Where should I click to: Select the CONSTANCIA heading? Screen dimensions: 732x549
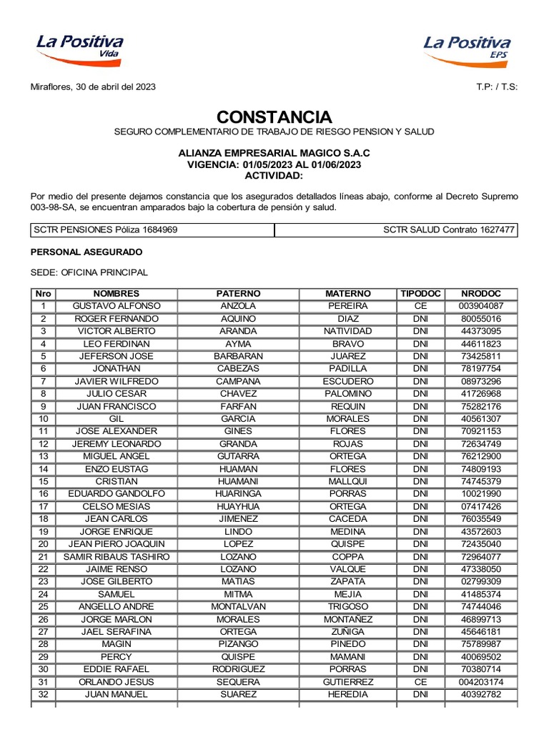pyautogui.click(x=274, y=117)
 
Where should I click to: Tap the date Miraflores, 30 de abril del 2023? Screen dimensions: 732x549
pyautogui.click(x=93, y=86)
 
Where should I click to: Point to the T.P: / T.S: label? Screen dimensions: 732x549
pyautogui.click(x=497, y=86)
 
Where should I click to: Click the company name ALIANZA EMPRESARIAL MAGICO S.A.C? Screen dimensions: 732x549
pyautogui.click(x=274, y=153)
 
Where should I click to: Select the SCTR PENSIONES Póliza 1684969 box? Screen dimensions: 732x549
pyautogui.click(x=152, y=229)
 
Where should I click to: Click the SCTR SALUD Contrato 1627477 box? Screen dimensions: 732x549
pyautogui.click(x=397, y=229)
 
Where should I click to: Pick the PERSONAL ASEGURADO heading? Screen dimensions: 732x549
pyautogui.click(x=86, y=252)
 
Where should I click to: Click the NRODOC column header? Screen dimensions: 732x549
pyautogui.click(x=481, y=294)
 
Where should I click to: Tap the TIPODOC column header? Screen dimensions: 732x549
pyautogui.click(x=421, y=294)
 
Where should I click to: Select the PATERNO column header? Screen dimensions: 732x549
pyautogui.click(x=238, y=294)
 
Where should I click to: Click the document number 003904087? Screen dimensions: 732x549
pyautogui.click(x=481, y=306)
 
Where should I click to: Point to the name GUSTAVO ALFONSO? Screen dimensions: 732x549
pyautogui.click(x=117, y=306)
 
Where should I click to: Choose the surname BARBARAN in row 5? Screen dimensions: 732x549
pyautogui.click(x=238, y=356)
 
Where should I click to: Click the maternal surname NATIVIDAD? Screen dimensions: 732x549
pyautogui.click(x=348, y=331)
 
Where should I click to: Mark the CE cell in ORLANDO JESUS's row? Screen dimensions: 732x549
pyautogui.click(x=421, y=682)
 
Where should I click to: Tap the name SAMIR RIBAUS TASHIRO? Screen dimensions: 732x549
pyautogui.click(x=117, y=557)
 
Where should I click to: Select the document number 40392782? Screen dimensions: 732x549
pyautogui.click(x=481, y=694)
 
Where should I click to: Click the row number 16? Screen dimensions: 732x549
pyautogui.click(x=44, y=494)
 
